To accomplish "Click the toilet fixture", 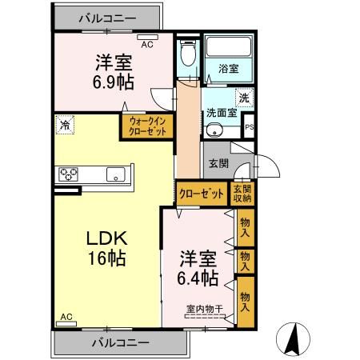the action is pyautogui.click(x=188, y=53).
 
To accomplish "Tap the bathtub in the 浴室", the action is pyautogui.click(x=229, y=46).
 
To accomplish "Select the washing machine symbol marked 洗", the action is pyautogui.click(x=244, y=98).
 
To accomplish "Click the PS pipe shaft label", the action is pyautogui.click(x=250, y=127).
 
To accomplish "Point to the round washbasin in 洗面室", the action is pyautogui.click(x=213, y=130).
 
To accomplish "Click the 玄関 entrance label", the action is pyautogui.click(x=218, y=163).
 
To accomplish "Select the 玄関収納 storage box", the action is pyautogui.click(x=242, y=194).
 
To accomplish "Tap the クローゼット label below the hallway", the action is pyautogui.click(x=201, y=194).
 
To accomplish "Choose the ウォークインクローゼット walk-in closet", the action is pyautogui.click(x=147, y=126).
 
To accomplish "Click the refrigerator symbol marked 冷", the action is pyautogui.click(x=65, y=125).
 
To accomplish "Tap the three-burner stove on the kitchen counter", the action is pyautogui.click(x=68, y=174).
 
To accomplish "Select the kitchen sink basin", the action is pyautogui.click(x=116, y=174).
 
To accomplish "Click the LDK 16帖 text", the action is pyautogui.click(x=106, y=248).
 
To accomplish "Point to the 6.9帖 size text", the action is pyautogui.click(x=114, y=82).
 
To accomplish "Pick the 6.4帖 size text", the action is pyautogui.click(x=198, y=278).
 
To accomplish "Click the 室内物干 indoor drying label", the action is pyautogui.click(x=204, y=309).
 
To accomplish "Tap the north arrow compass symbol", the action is pyautogui.click(x=293, y=339).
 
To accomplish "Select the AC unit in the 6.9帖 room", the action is pyautogui.click(x=147, y=38).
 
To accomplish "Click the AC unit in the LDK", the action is pyautogui.click(x=66, y=324).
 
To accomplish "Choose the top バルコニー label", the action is pyautogui.click(x=107, y=18).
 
